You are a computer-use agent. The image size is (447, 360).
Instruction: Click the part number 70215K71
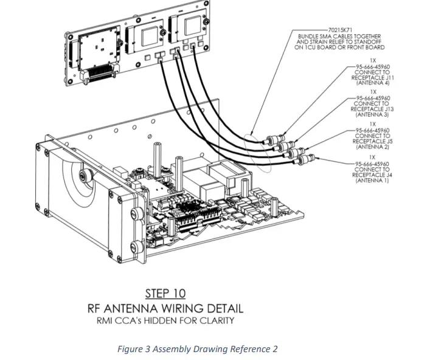[340, 29]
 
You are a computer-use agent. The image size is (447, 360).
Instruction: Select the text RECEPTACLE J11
[373, 78]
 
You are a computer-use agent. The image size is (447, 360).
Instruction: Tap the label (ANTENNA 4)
[373, 83]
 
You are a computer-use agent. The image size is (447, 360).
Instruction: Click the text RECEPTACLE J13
[373, 109]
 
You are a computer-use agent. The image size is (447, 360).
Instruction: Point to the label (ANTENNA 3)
[373, 114]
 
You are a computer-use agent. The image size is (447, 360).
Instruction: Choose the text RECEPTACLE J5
[373, 141]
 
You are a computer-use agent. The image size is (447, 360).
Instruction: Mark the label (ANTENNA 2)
[373, 147]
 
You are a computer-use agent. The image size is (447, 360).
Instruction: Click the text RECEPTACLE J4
[373, 174]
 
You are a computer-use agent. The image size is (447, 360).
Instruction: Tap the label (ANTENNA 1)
[373, 179]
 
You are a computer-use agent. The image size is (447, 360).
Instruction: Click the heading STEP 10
[165, 294]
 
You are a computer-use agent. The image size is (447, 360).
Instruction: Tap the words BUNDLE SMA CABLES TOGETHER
[339, 36]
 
